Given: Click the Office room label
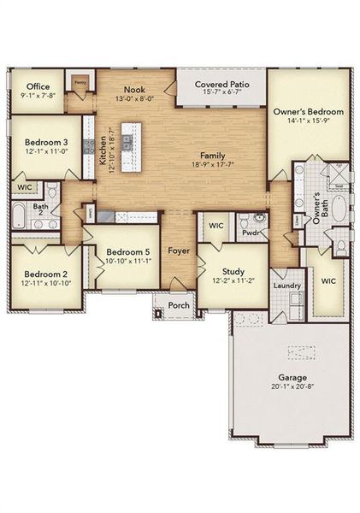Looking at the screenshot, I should click(38, 86).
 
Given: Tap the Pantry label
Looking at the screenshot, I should click(80, 82).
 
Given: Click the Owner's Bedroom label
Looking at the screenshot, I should click(308, 112).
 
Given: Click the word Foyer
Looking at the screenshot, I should click(179, 251).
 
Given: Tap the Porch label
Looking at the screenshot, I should click(179, 304).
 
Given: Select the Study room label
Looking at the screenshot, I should click(233, 271).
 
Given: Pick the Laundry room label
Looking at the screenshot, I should click(284, 285).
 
